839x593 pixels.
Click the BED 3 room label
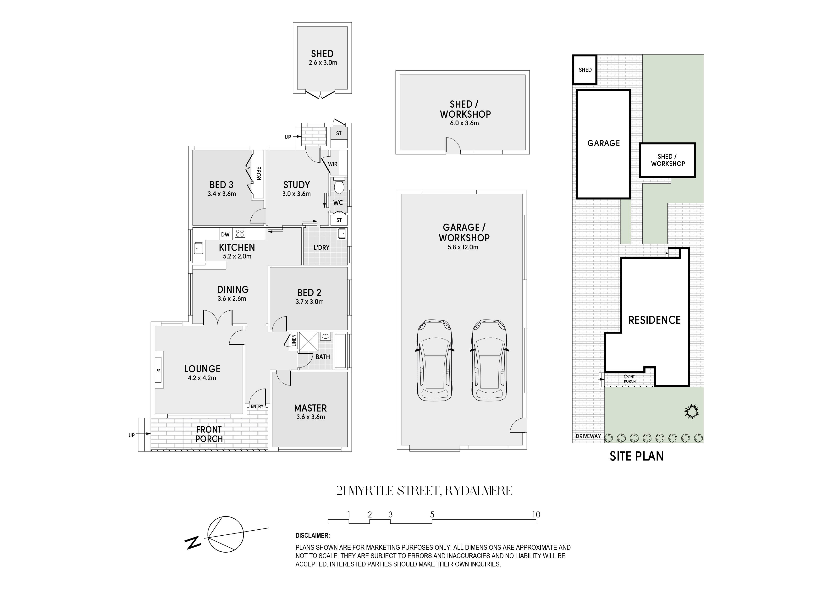coord(221,185)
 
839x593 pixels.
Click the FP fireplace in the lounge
coord(159,371)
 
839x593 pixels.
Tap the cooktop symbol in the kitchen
coord(240,233)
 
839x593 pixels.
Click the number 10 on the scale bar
coord(536,514)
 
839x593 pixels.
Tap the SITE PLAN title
coord(637,456)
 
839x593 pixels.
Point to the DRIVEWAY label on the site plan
coord(588,436)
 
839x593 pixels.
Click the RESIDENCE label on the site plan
coord(654,320)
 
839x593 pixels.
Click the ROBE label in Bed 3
coord(259,174)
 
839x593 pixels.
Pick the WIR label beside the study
coord(332,164)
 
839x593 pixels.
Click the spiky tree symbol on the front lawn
coord(691,412)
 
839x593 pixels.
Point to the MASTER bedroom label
coord(310,408)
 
